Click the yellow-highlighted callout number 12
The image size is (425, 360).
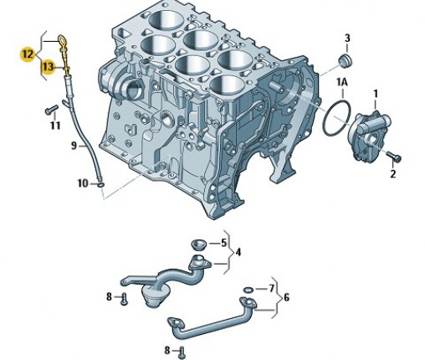[x=28, y=54]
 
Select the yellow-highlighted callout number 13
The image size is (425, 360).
[x=48, y=67]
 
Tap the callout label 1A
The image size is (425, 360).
[x=342, y=82]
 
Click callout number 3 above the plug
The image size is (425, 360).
[x=347, y=39]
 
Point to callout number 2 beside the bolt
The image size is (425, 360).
[x=393, y=173]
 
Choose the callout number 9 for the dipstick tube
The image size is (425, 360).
[x=74, y=146]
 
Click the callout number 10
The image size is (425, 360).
[x=83, y=183]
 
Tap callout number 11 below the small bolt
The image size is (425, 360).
[x=55, y=126]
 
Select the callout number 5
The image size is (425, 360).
[x=223, y=243]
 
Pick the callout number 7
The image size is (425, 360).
[x=272, y=288]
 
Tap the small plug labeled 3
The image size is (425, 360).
[x=345, y=61]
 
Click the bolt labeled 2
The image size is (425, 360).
[x=394, y=156]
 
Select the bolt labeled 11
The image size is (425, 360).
[x=52, y=109]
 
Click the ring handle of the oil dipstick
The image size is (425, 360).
[x=62, y=40]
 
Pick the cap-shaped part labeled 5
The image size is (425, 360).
[x=198, y=244]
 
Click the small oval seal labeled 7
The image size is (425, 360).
[x=248, y=290]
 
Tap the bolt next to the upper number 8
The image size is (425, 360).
[x=124, y=299]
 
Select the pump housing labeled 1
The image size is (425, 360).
[x=368, y=136]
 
